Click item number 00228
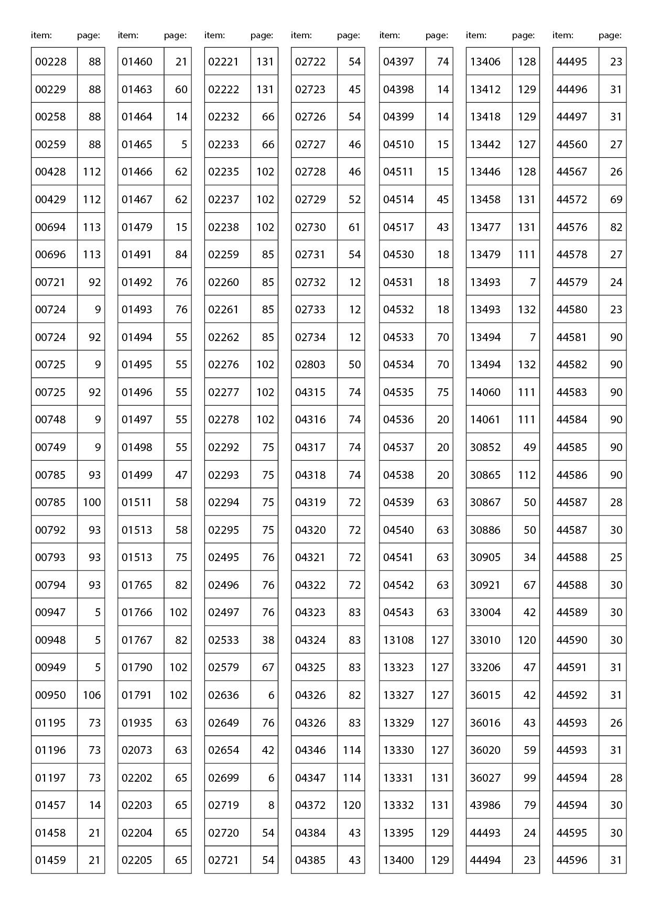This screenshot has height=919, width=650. [x=51, y=62]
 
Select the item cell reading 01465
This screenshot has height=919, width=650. [x=137, y=145]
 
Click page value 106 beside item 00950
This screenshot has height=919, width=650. [x=92, y=695]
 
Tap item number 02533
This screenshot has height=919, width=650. [x=224, y=640]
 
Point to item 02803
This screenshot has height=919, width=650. [x=310, y=365]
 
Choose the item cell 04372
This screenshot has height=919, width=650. [x=310, y=805]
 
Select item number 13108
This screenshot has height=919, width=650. [x=398, y=640]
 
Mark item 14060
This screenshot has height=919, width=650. [x=485, y=392]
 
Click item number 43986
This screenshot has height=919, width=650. [x=485, y=805]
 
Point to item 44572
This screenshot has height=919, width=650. [x=572, y=200]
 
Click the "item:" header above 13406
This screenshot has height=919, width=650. [x=476, y=36]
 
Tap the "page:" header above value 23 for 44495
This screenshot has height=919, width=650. [x=610, y=36]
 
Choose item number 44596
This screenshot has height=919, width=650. [x=572, y=860]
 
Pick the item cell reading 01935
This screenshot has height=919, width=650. [x=137, y=723]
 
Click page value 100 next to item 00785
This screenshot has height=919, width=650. [x=92, y=502]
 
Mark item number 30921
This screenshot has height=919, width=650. [x=485, y=585]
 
